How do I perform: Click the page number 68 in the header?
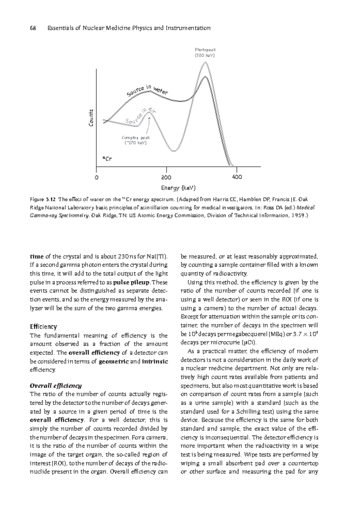click(x=33, y=28)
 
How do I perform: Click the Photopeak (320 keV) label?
click(x=205, y=53)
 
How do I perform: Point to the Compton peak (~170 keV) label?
click(x=136, y=140)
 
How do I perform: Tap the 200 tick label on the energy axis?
click(x=166, y=177)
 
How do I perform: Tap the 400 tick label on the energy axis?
click(x=237, y=177)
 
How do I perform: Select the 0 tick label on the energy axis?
click(x=96, y=177)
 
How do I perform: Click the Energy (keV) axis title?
click(x=178, y=188)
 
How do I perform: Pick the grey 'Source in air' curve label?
click(x=140, y=117)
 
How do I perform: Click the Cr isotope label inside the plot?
click(x=107, y=159)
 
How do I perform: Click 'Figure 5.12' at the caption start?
click(x=43, y=199)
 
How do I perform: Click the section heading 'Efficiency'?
click(x=43, y=327)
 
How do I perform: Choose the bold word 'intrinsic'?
click(x=155, y=361)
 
